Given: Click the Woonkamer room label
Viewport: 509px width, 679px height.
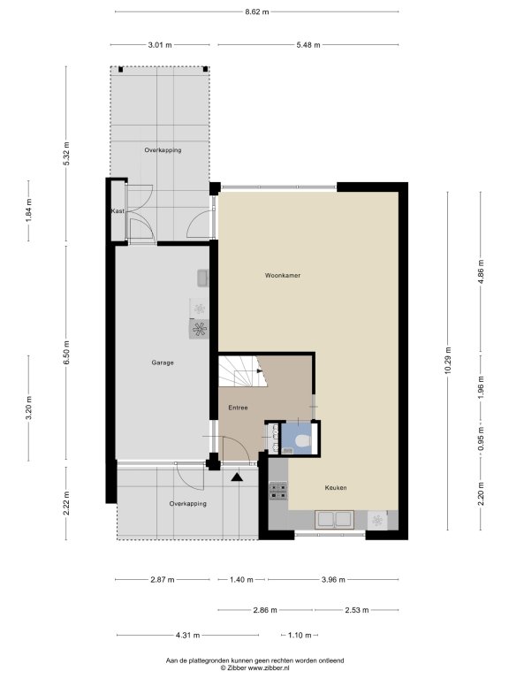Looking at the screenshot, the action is pyautogui.click(x=283, y=276).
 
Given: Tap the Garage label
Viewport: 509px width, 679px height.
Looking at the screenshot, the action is pyautogui.click(x=163, y=362).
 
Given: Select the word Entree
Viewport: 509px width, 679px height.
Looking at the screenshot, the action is pyautogui.click(x=238, y=408).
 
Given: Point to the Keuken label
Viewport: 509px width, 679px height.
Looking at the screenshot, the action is pyautogui.click(x=336, y=488).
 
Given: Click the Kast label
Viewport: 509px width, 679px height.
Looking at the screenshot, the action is pyautogui.click(x=118, y=211).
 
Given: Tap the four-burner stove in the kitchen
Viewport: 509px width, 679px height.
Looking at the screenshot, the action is pyautogui.click(x=278, y=491).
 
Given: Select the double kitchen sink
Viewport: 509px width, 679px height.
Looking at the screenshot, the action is pyautogui.click(x=335, y=519).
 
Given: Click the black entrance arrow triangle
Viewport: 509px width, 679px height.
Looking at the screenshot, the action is pyautogui.click(x=237, y=477).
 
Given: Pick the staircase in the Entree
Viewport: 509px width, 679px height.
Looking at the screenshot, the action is pyautogui.click(x=242, y=371).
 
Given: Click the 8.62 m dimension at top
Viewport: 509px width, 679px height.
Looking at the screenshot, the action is pyautogui.click(x=257, y=12).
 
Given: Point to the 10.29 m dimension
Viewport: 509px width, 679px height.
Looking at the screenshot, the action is pyautogui.click(x=448, y=361).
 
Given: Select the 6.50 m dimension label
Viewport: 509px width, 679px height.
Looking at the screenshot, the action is pyautogui.click(x=66, y=353).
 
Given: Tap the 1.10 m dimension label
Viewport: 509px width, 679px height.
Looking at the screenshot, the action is pyautogui.click(x=300, y=636).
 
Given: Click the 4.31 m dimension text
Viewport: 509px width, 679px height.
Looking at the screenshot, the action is pyautogui.click(x=188, y=636).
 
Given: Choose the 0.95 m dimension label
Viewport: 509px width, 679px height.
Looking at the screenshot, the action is pyautogui.click(x=481, y=439).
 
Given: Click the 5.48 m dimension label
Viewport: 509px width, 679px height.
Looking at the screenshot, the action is pyautogui.click(x=308, y=45).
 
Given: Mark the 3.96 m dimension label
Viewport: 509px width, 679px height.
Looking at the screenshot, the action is pyautogui.click(x=333, y=580).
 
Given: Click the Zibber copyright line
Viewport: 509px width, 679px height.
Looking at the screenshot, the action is pyautogui.click(x=254, y=668).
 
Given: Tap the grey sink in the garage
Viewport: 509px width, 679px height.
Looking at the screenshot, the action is pyautogui.click(x=203, y=278).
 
